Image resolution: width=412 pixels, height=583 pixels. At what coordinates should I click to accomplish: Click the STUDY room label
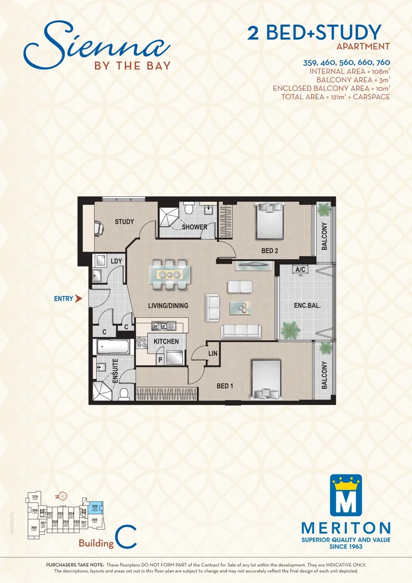125,222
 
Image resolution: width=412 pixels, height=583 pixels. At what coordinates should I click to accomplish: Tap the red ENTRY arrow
79,298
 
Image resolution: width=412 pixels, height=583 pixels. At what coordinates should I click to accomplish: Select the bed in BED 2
269,220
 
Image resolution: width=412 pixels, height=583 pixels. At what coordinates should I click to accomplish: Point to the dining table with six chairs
169,273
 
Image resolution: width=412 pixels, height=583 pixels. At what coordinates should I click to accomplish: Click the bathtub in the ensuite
114,347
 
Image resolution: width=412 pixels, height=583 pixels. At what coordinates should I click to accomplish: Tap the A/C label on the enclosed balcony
300,269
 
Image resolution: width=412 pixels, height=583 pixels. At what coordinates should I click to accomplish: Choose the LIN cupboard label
212,354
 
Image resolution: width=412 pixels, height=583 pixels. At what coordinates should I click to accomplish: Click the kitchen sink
162,326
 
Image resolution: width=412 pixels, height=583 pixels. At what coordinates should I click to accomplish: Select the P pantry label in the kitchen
160,358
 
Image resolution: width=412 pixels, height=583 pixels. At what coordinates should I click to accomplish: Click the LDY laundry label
116,261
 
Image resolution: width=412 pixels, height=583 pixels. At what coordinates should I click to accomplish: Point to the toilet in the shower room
188,208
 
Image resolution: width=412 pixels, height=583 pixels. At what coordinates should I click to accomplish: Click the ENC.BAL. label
307,305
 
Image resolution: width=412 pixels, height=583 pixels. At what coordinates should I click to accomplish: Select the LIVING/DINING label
168,306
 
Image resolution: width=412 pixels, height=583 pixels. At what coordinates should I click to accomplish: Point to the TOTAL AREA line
335,97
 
